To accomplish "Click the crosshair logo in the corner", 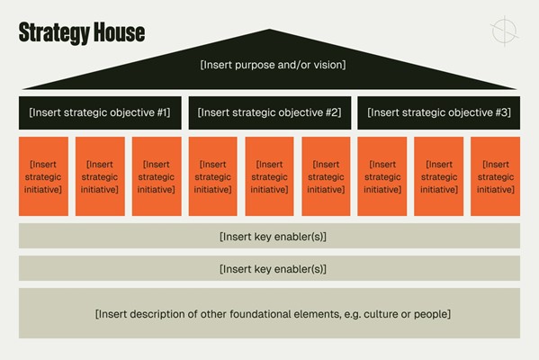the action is coord(504,31).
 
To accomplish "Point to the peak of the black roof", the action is coord(270,29).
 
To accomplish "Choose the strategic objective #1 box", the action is coord(100,112).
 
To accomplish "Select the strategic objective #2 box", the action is coord(270,112).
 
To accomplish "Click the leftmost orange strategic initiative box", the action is coord(44,176).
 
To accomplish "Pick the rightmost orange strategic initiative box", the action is coord(495,176).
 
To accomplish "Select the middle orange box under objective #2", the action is coord(270,176).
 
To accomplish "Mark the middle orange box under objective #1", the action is coord(100,176).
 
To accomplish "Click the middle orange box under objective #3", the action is coord(438,176).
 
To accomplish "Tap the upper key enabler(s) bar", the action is coord(270,236).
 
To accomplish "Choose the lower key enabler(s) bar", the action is coord(270,268).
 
